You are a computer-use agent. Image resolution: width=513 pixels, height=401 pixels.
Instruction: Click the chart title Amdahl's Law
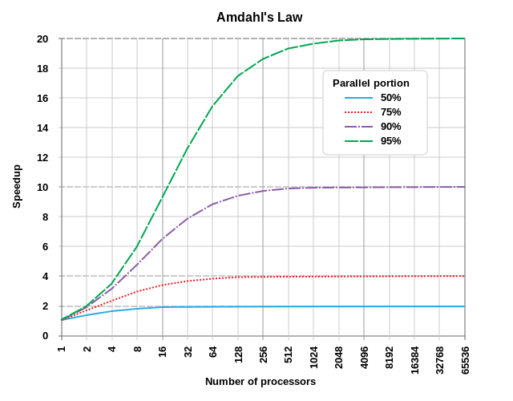(260, 17)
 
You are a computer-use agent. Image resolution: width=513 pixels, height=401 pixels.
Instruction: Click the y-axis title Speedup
(17, 187)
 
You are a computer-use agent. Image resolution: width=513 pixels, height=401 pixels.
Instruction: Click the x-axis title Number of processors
(261, 382)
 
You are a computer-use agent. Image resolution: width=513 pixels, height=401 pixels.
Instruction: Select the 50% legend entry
(390, 97)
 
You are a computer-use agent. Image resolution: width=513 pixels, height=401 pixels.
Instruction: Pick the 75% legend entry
(390, 111)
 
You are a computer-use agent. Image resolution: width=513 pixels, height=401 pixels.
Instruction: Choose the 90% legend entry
(390, 126)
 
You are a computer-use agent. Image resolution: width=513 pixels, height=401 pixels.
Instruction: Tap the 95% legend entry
(390, 140)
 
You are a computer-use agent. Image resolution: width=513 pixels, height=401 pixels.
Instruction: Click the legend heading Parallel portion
(371, 83)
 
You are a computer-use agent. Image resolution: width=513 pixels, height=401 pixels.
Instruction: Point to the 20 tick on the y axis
(42, 38)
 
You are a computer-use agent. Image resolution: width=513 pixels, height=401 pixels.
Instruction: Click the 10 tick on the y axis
(42, 187)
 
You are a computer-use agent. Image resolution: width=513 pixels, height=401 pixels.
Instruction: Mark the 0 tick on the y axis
(45, 335)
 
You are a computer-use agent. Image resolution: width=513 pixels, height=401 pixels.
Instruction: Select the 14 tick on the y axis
(42, 128)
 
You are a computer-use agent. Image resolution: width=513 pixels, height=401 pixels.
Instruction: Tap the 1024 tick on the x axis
(313, 355)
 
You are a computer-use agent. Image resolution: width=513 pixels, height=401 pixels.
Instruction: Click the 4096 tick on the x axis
(364, 355)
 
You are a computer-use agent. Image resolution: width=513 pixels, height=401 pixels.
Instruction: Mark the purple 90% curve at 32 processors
(188, 218)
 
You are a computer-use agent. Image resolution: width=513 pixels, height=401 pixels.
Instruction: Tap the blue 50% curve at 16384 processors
(414, 306)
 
